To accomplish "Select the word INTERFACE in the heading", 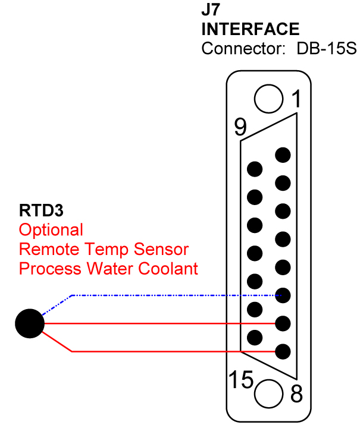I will click(251, 29).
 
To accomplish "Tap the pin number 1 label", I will click(296, 100).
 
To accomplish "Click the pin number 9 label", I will click(240, 127).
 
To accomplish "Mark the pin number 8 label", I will click(296, 393).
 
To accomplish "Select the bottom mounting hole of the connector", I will click(269, 393).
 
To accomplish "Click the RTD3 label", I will click(41, 210).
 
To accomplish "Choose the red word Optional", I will click(51, 229).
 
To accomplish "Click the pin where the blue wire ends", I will click(283, 295).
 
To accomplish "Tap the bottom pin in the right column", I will click(283, 351).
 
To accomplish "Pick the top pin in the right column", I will click(283, 155).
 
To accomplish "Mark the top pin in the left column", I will click(255, 169).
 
